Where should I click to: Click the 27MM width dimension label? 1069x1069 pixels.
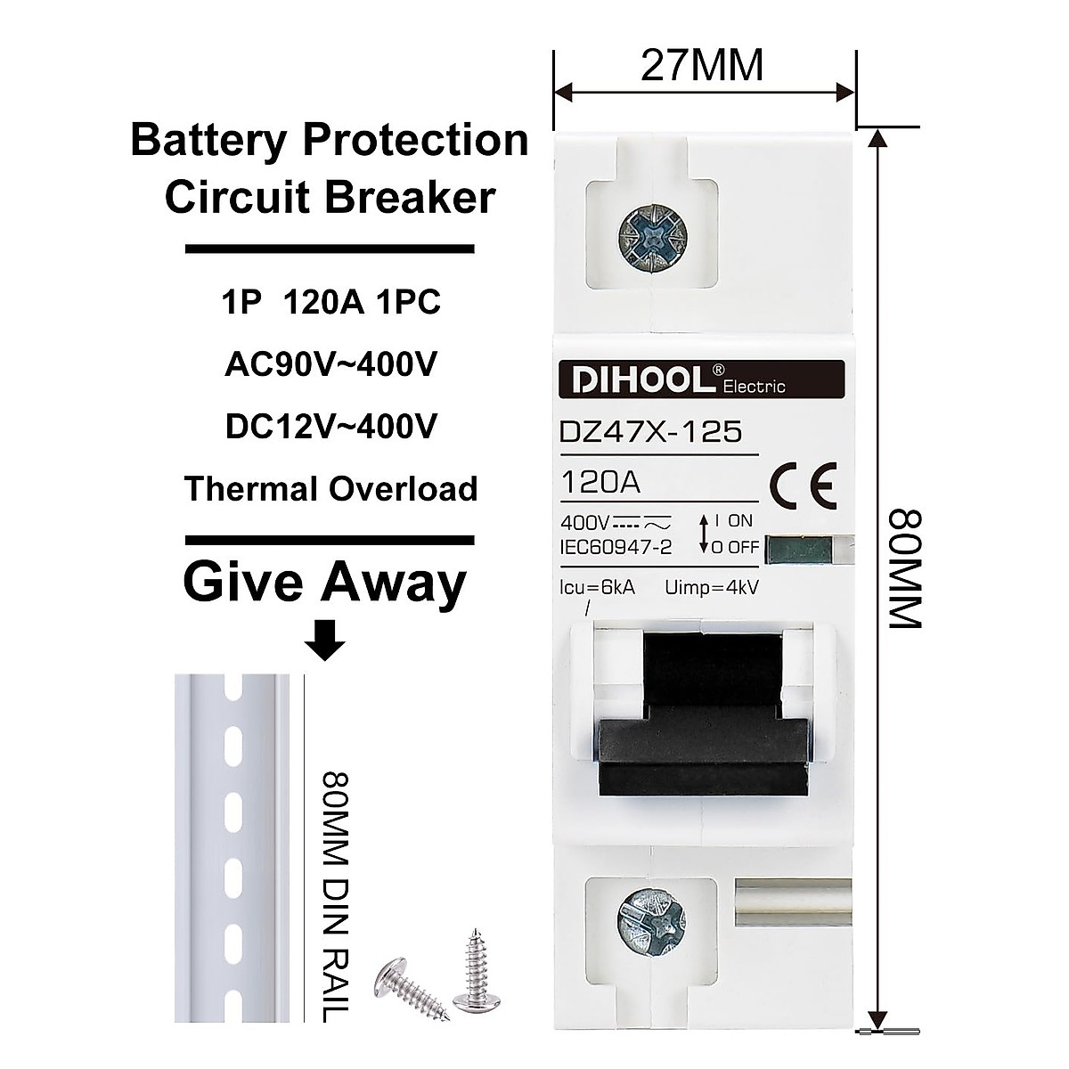[702, 66]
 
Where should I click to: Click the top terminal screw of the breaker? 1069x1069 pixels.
[650, 236]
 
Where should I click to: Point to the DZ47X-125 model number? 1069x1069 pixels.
[650, 432]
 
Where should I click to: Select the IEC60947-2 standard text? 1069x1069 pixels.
[616, 547]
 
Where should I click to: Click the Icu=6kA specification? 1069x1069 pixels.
[598, 588]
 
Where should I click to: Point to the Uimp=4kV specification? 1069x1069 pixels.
[712, 588]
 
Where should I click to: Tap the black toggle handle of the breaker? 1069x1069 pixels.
[704, 722]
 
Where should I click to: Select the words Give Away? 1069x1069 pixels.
[325, 583]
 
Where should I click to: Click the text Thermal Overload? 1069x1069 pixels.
[330, 489]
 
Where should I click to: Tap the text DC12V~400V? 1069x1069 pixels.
[330, 428]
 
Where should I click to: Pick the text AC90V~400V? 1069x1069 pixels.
[330, 365]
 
